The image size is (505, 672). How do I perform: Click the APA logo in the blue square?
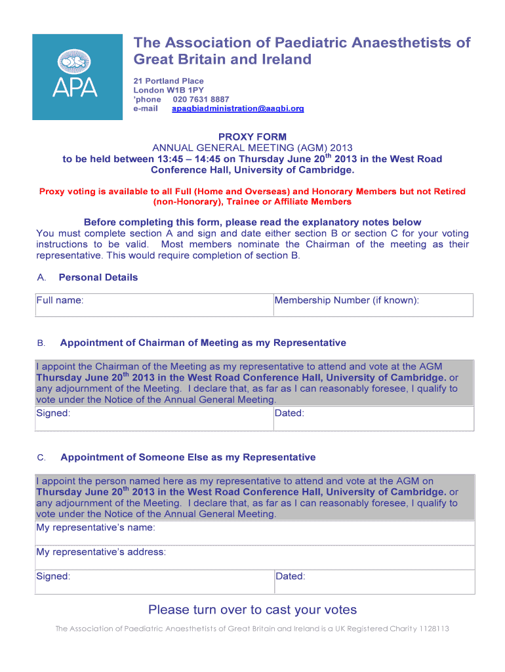coord(77,77)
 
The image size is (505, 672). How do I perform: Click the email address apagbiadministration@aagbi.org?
coord(237,109)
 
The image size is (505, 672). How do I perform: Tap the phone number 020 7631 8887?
coord(201,100)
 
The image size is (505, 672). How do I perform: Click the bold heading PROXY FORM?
coord(253,137)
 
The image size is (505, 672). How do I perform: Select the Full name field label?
coord(60,301)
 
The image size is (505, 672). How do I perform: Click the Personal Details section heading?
coord(98,278)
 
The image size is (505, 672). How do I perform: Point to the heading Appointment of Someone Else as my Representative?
coord(188,457)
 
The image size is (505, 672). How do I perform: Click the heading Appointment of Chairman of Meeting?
coord(203,343)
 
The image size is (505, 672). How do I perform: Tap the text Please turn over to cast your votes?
coord(253,610)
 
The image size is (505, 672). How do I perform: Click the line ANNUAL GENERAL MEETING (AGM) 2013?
coord(253,148)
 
